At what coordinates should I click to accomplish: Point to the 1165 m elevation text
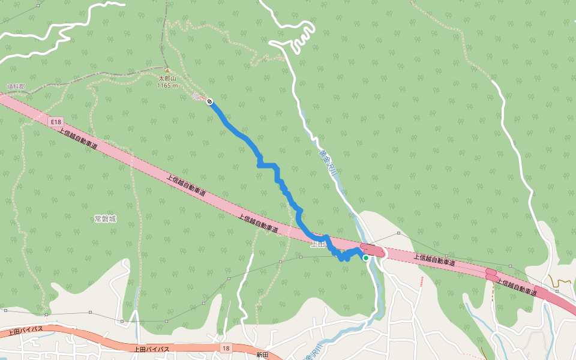pyautogui.click(x=167, y=86)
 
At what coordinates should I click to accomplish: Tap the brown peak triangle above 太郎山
pyautogui.click(x=167, y=71)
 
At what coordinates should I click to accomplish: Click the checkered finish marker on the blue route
pyautogui.click(x=209, y=101)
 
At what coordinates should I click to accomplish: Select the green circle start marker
pyautogui.click(x=366, y=258)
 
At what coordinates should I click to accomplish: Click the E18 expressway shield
pyautogui.click(x=56, y=122)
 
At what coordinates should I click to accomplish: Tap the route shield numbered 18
pyautogui.click(x=225, y=348)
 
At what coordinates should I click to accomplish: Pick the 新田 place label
pyautogui.click(x=262, y=355)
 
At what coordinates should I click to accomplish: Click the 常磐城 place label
pyautogui.click(x=105, y=219)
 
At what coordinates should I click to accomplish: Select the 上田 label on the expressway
pyautogui.click(x=317, y=244)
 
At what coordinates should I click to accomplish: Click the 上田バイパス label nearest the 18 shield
pyautogui.click(x=151, y=349)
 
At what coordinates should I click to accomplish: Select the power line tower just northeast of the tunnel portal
pyautogui.click(x=398, y=232)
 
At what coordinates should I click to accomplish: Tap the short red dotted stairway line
pyautogui.click(x=422, y=281)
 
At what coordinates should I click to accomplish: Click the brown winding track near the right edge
pyautogui.click(x=561, y=281)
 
